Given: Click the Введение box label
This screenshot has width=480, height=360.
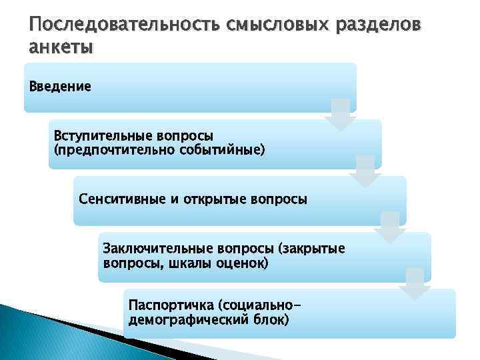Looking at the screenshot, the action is point(60,87).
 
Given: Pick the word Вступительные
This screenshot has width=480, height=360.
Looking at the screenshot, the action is point(104,135).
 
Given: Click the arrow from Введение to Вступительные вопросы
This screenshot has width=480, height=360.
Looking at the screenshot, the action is point(340,114).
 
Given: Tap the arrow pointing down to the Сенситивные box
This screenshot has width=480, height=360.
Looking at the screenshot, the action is point(365,171).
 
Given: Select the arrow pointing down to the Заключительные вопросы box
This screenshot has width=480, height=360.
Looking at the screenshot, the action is point(389,227).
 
